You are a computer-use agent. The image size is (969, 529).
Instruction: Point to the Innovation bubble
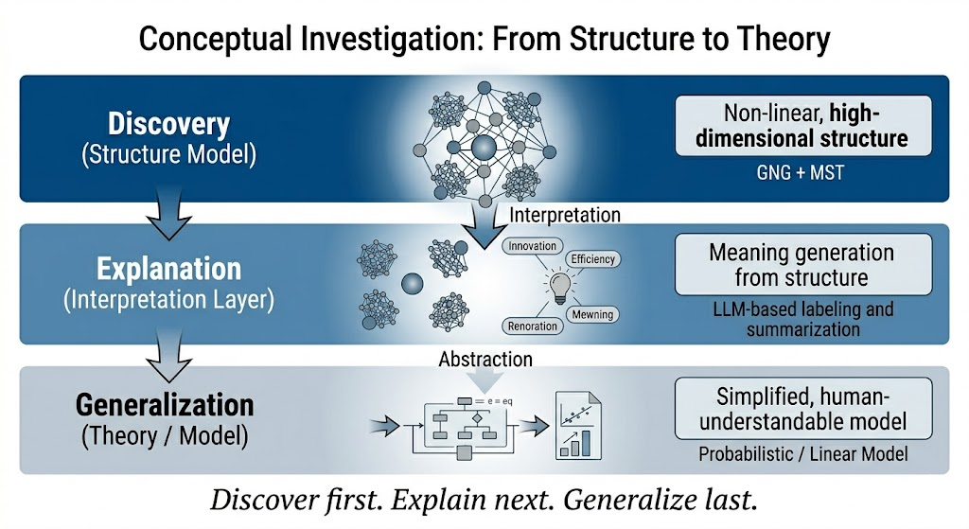click(533, 246)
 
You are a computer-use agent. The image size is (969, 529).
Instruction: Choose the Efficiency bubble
click(592, 258)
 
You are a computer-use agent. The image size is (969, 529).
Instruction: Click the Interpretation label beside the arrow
click(565, 215)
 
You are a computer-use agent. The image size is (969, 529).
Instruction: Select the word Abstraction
click(485, 360)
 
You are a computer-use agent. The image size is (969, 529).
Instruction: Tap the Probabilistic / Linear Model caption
click(802, 453)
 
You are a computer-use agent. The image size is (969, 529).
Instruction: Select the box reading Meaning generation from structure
click(802, 265)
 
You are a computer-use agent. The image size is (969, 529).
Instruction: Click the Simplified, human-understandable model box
click(802, 407)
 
